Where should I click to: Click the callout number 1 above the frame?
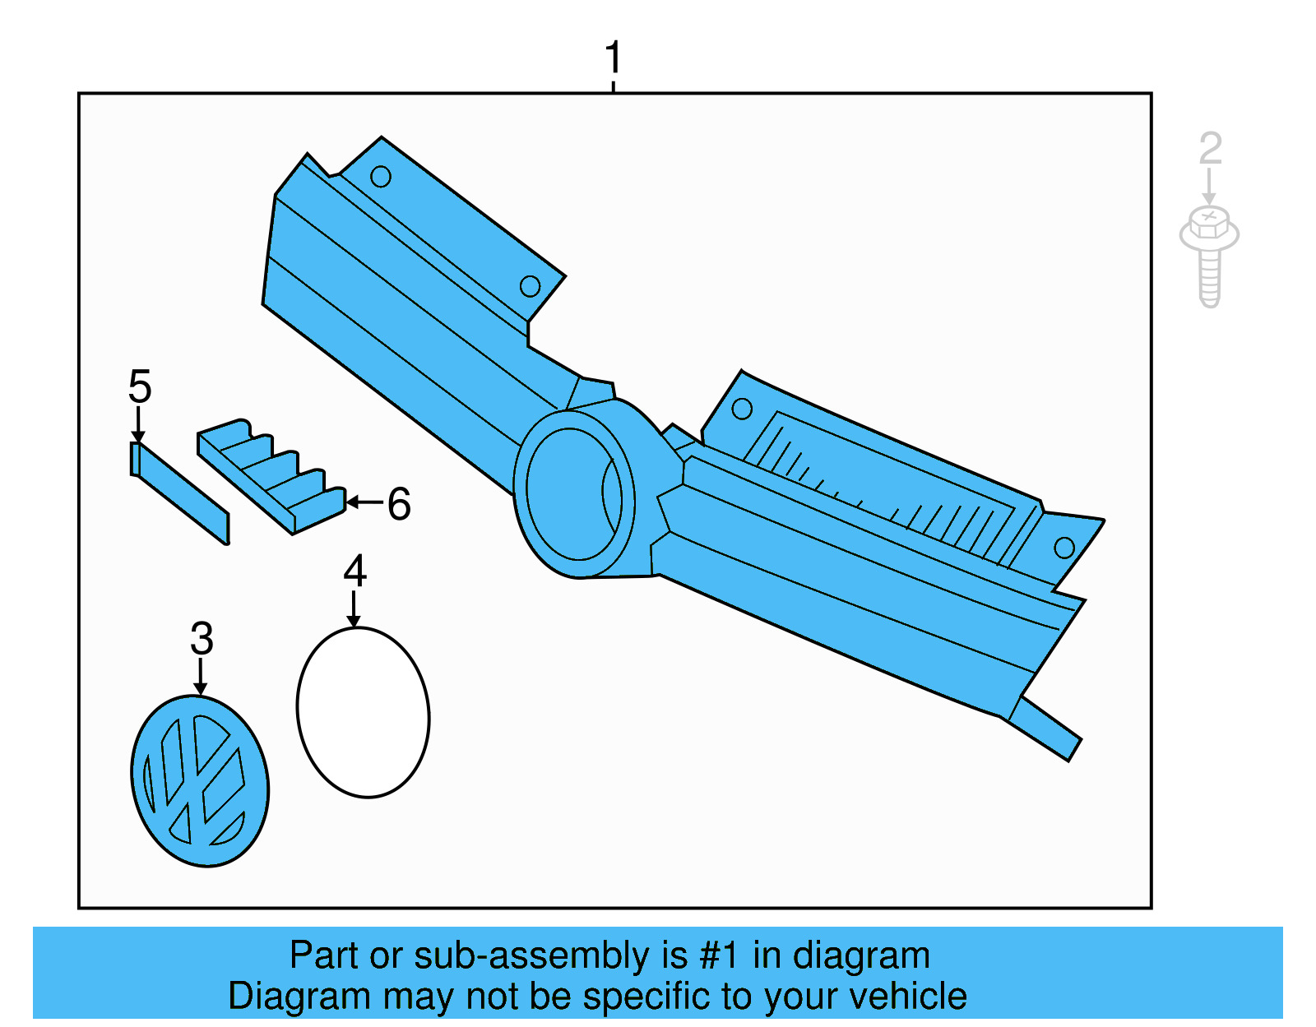613,58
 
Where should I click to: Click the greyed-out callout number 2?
1210,149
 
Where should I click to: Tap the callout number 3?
202,638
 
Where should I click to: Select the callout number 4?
354,571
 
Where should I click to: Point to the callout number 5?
140,386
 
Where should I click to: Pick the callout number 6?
399,503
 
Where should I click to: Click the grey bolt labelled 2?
1209,255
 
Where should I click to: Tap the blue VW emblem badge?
200,780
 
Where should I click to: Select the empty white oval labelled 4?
363,712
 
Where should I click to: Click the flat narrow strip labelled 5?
181,493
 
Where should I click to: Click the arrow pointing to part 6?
364,502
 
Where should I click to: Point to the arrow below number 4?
354,609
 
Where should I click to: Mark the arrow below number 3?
200,677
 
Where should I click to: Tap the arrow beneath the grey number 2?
1208,187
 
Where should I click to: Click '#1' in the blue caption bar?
720,955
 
